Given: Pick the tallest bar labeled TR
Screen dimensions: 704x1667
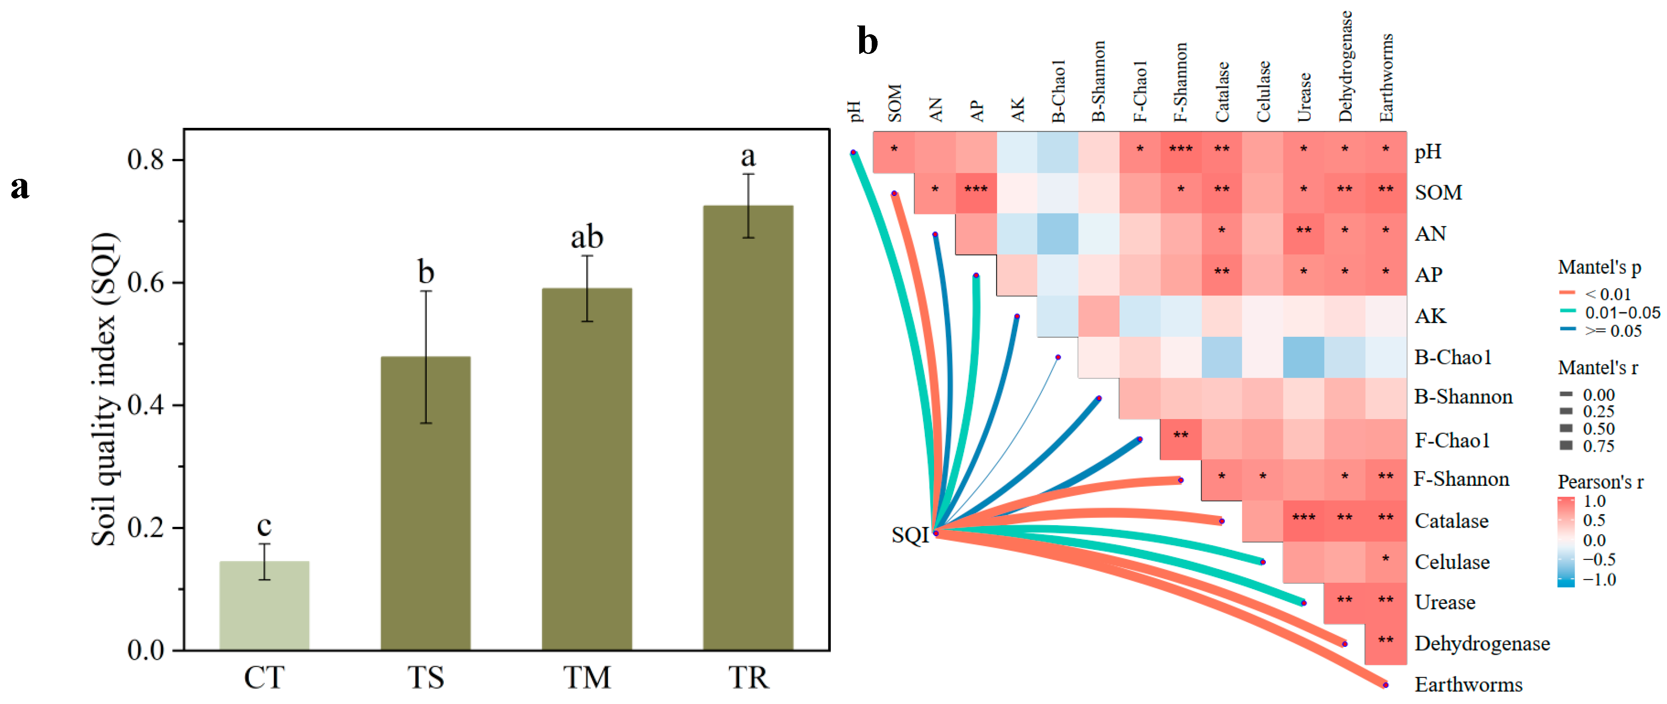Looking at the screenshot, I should [748, 427].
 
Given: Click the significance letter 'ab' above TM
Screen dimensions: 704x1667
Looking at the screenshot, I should [586, 237].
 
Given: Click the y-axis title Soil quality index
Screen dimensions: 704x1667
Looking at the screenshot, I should [104, 388].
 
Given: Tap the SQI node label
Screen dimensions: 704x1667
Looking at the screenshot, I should [909, 535].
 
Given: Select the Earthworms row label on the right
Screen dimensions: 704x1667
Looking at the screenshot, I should [1468, 684].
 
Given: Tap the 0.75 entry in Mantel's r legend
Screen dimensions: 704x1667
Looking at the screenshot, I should [1598, 446].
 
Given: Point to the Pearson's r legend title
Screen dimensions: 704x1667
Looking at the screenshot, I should [1600, 482].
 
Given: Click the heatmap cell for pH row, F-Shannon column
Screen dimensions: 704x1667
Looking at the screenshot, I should [1181, 151].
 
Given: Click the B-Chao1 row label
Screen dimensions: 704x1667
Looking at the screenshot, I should [1452, 357].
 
